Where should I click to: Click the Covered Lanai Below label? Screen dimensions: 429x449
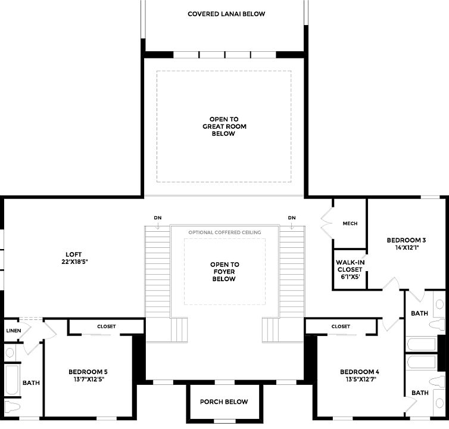pyautogui.click(x=226, y=14)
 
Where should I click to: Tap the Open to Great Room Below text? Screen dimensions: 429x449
pyautogui.click(x=224, y=126)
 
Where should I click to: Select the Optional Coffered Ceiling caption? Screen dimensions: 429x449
pyautogui.click(x=224, y=232)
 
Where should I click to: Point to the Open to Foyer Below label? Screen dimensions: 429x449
pyautogui.click(x=224, y=272)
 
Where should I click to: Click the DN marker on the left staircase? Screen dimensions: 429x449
pyautogui.click(x=157, y=218)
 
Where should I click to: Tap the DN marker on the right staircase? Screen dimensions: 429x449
pyautogui.click(x=292, y=218)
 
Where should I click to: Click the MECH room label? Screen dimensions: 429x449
pyautogui.click(x=350, y=223)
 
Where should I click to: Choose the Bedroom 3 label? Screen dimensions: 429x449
pyautogui.click(x=406, y=243)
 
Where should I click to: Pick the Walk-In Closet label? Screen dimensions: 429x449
pyautogui.click(x=350, y=269)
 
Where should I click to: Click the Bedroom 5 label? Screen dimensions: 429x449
pyautogui.click(x=88, y=374)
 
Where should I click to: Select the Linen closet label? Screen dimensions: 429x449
pyautogui.click(x=13, y=330)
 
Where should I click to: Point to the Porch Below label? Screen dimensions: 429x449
pyautogui.click(x=223, y=402)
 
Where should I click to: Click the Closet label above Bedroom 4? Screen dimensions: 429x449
pyautogui.click(x=341, y=327)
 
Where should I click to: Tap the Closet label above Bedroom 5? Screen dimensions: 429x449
pyautogui.click(x=107, y=327)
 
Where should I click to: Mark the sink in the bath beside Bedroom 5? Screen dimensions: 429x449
pyautogui.click(x=10, y=352)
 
